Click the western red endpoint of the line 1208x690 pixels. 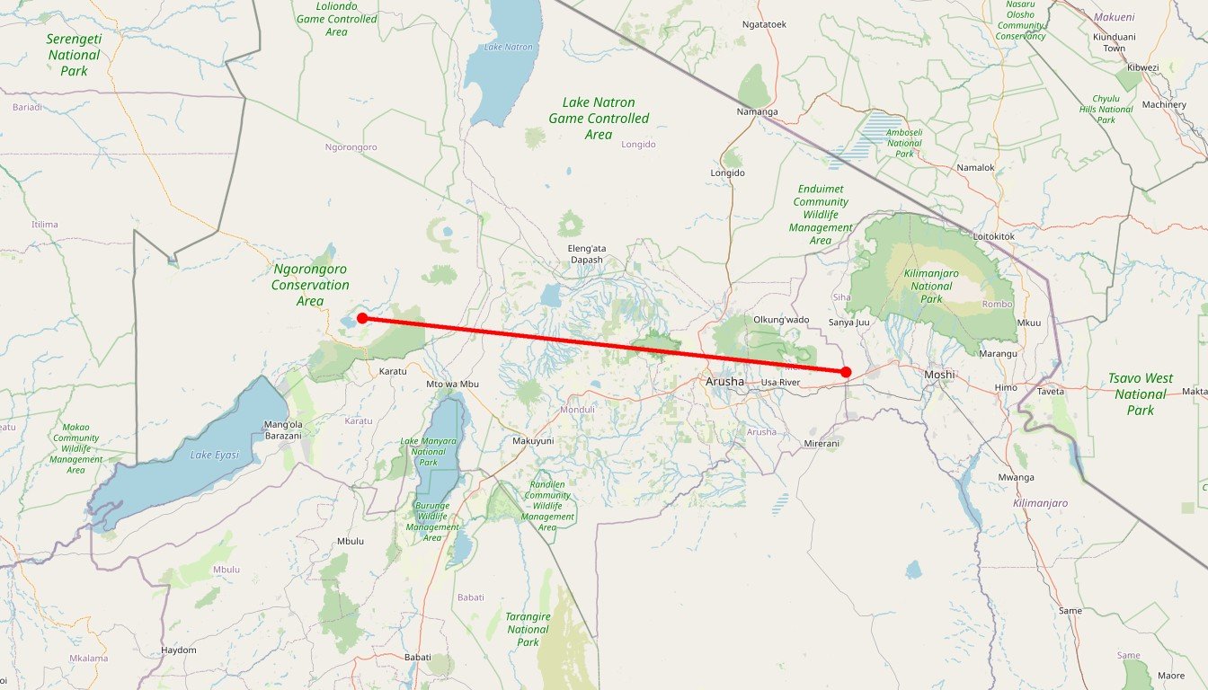coord(362,318)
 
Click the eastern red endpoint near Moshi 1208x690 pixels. coord(846,372)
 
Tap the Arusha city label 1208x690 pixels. coord(725,382)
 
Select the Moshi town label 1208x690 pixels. coord(939,375)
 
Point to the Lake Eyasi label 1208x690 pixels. coord(215,456)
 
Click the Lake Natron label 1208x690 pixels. coord(509,48)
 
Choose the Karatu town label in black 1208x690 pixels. coord(393,371)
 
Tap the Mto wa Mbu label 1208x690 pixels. coord(453,385)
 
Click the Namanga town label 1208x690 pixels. coord(757,112)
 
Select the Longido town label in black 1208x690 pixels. coord(728,173)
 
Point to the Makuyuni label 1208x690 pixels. coord(533,441)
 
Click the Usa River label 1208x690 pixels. coord(780,383)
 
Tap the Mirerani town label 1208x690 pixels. coord(821,444)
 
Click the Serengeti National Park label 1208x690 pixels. coord(74,54)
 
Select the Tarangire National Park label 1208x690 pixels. coord(528,629)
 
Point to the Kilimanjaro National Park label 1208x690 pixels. coord(931,286)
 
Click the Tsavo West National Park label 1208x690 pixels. coord(1140,394)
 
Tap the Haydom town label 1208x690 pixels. coord(178,650)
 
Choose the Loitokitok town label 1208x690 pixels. coord(994,236)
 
